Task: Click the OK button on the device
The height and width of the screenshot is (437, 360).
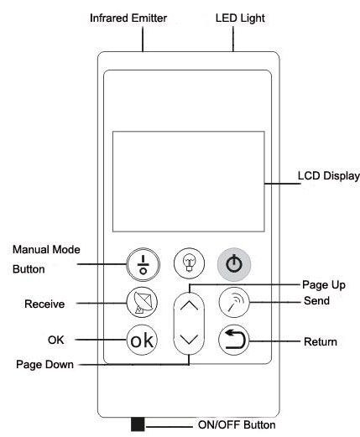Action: [x=142, y=340]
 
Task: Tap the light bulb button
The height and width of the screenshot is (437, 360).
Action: [x=189, y=263]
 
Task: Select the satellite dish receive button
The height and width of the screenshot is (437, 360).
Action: [x=142, y=302]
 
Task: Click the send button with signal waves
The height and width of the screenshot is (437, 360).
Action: [x=234, y=302]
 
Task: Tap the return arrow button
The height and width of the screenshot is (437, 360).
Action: [x=234, y=340]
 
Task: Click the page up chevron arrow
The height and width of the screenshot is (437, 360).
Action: [x=189, y=305]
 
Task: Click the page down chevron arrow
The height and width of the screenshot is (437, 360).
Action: [x=189, y=339]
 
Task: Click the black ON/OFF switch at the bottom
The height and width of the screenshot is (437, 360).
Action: [x=138, y=424]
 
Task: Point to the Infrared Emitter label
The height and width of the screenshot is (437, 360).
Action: [x=128, y=18]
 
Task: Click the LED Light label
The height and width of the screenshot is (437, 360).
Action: [x=240, y=18]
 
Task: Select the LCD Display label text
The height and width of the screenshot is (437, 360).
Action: [x=329, y=176]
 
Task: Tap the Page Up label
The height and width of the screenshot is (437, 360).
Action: [x=324, y=285]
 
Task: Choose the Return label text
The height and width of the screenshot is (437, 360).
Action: [x=321, y=341]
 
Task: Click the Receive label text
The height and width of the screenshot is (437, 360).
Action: [x=44, y=304]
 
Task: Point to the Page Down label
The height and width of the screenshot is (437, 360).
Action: [x=44, y=365]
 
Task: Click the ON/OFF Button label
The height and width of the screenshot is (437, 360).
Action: [x=237, y=424]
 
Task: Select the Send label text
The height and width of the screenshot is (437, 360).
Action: [x=316, y=300]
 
